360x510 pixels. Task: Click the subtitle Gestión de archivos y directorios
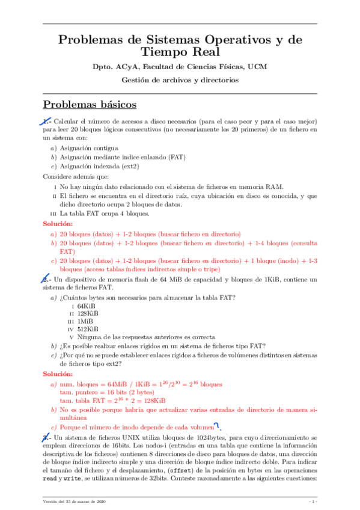[180, 79]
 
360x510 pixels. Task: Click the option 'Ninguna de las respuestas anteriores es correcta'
[146, 337]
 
